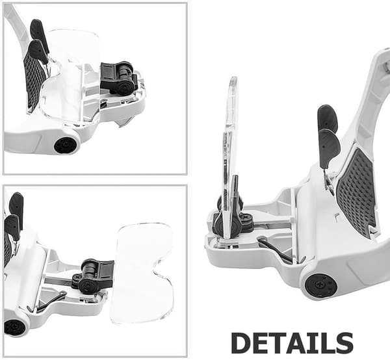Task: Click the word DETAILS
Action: (x=292, y=343)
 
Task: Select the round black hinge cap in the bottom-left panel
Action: (x=14, y=328)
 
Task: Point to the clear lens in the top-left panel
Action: (x=70, y=77)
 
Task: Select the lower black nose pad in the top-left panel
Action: (x=38, y=51)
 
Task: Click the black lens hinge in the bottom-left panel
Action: (x=93, y=276)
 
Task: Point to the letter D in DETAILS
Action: (x=240, y=343)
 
